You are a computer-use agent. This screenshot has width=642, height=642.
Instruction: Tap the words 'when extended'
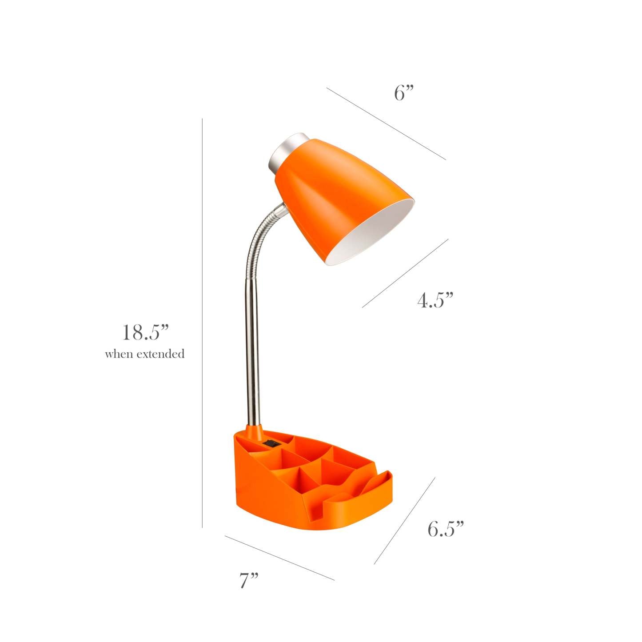pyautogui.click(x=144, y=354)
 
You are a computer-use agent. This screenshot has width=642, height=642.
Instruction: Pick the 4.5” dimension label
pyautogui.click(x=435, y=301)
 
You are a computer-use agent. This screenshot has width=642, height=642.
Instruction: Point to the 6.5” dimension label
pyautogui.click(x=446, y=529)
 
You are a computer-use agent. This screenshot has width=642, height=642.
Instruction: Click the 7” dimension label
pyautogui.click(x=249, y=581)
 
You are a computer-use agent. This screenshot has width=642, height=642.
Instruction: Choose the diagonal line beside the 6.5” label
pyautogui.click(x=404, y=521)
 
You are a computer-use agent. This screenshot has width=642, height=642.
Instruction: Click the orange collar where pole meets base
pyautogui.click(x=252, y=431)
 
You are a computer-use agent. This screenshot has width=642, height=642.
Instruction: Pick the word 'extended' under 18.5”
pyautogui.click(x=160, y=354)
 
